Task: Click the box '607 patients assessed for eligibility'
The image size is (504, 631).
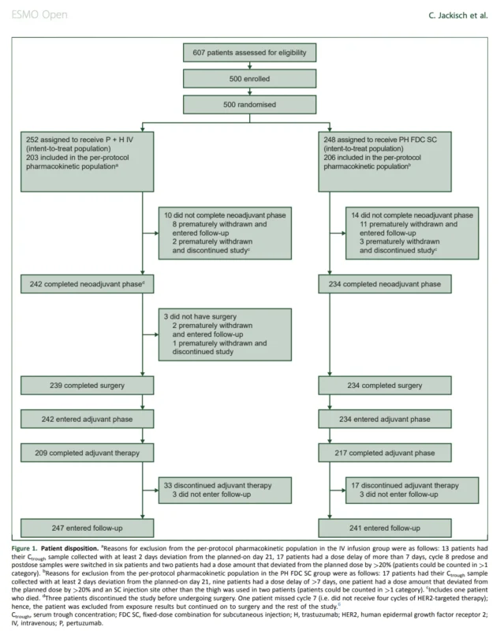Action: (x=249, y=53)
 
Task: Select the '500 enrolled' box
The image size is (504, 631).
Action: (x=249, y=78)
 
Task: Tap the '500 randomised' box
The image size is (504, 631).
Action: (x=249, y=104)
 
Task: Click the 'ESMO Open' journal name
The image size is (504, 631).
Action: (x=39, y=15)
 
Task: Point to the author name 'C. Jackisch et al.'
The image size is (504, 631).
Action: (x=458, y=16)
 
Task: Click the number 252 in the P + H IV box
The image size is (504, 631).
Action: (x=32, y=140)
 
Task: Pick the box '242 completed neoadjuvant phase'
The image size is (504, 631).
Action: (x=87, y=284)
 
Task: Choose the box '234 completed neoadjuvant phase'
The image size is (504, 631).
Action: (x=385, y=284)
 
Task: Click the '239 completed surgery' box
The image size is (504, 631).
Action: (x=87, y=386)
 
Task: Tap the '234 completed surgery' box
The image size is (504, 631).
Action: (x=385, y=386)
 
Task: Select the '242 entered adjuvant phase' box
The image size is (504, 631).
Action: (x=87, y=419)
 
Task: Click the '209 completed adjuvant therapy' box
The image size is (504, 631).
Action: (x=87, y=453)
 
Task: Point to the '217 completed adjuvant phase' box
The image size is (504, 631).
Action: (x=385, y=453)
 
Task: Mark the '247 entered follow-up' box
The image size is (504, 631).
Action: (x=87, y=528)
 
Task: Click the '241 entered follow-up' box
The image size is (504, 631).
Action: (x=385, y=528)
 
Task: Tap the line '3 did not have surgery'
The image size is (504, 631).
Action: (x=200, y=317)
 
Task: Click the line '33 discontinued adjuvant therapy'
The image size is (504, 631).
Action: (x=218, y=486)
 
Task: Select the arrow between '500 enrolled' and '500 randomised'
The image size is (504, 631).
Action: (x=249, y=91)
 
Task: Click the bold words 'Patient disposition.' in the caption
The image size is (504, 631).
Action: (x=69, y=548)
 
